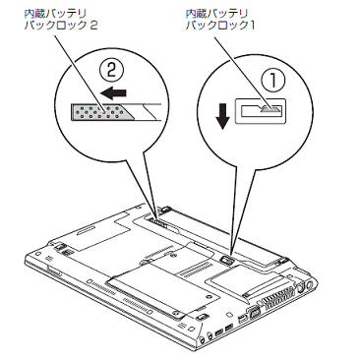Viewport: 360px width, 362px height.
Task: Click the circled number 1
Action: (x=272, y=81)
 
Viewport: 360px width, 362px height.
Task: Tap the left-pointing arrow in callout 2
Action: (x=113, y=92)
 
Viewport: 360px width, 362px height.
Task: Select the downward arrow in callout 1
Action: (x=223, y=116)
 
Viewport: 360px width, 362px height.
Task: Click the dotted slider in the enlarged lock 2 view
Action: (x=101, y=112)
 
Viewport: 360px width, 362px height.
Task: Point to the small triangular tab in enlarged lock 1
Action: (x=270, y=109)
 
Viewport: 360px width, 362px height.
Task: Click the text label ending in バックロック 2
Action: (x=61, y=20)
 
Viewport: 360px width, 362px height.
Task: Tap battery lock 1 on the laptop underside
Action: (x=227, y=260)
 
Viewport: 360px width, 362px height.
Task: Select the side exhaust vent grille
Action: (x=278, y=299)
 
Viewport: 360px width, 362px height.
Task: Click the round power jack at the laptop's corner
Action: (x=308, y=286)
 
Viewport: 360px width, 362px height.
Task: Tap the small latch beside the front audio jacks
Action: (x=202, y=317)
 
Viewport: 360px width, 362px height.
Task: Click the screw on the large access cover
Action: (x=208, y=296)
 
